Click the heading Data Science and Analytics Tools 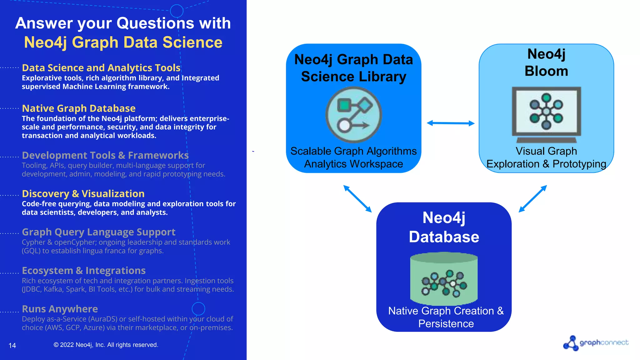(x=101, y=68)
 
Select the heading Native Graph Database (x=78, y=108)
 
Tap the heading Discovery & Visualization (x=83, y=194)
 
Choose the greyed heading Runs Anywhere (x=60, y=309)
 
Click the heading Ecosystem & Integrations (x=84, y=271)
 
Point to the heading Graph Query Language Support (x=98, y=232)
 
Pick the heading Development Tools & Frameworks (x=105, y=155)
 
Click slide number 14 (x=12, y=345)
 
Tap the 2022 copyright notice (x=106, y=345)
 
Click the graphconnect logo (x=596, y=343)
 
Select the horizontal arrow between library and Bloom (x=451, y=123)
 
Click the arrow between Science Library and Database (x=357, y=199)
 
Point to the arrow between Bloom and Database (x=533, y=199)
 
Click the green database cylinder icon (x=444, y=279)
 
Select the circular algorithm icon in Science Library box (x=353, y=115)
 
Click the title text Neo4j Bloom (x=546, y=62)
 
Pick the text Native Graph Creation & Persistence (x=446, y=317)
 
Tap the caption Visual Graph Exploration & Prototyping (x=546, y=157)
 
